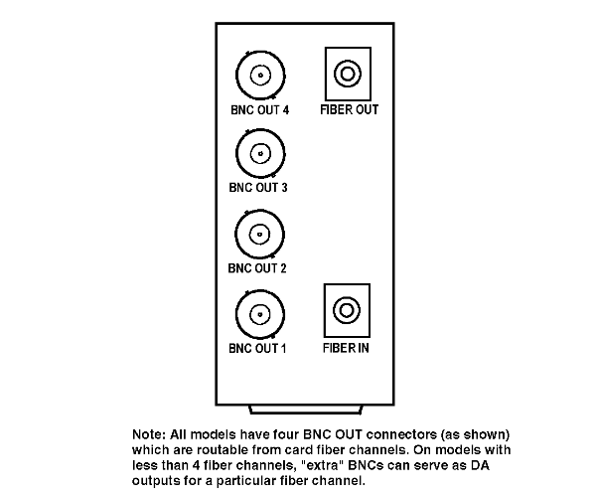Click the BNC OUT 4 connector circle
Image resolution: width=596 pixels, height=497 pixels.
click(236, 76)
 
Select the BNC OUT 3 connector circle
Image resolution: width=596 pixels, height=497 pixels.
click(236, 154)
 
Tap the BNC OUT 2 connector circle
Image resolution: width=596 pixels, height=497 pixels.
click(235, 235)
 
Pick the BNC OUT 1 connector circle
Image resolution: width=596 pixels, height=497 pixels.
click(236, 314)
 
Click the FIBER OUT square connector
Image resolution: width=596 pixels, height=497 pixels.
click(326, 74)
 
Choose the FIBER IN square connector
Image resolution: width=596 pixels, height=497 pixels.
click(325, 310)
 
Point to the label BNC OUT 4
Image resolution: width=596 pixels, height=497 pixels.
click(259, 110)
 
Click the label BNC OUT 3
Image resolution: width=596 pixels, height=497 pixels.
click(258, 188)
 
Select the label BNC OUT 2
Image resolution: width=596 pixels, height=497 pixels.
click(257, 268)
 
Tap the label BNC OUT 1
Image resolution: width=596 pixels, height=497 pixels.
click(257, 348)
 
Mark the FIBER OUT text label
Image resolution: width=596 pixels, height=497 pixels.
click(350, 110)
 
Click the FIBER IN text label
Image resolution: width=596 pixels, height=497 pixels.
click(346, 348)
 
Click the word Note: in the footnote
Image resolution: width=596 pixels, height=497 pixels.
click(149, 434)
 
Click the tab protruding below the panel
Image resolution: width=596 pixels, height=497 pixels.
click(305, 410)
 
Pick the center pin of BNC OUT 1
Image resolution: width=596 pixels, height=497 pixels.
click(260, 314)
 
